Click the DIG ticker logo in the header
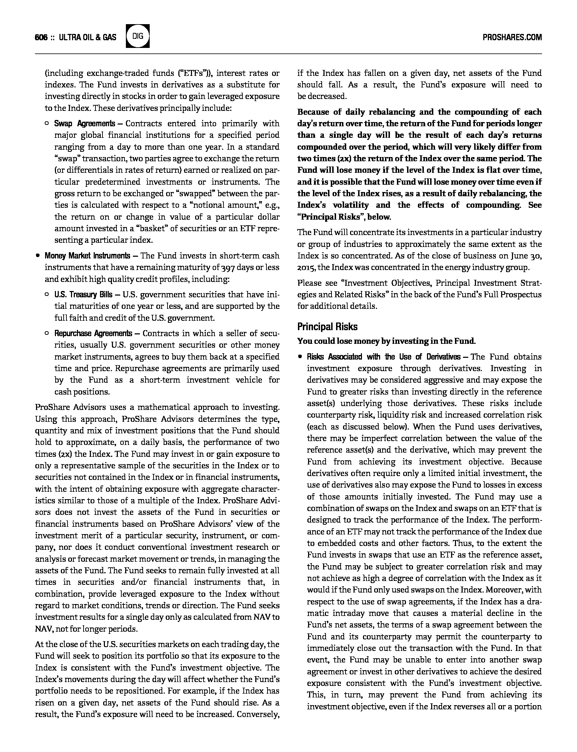(138, 36)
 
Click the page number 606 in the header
(41, 37)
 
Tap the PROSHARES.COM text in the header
(512, 37)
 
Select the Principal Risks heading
(327, 327)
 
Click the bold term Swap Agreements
(84, 123)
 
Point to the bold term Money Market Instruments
(87, 256)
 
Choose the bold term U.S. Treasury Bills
(83, 295)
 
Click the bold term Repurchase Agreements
(93, 333)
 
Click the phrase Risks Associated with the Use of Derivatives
(384, 357)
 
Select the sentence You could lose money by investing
(386, 341)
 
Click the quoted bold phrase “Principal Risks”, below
(344, 217)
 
